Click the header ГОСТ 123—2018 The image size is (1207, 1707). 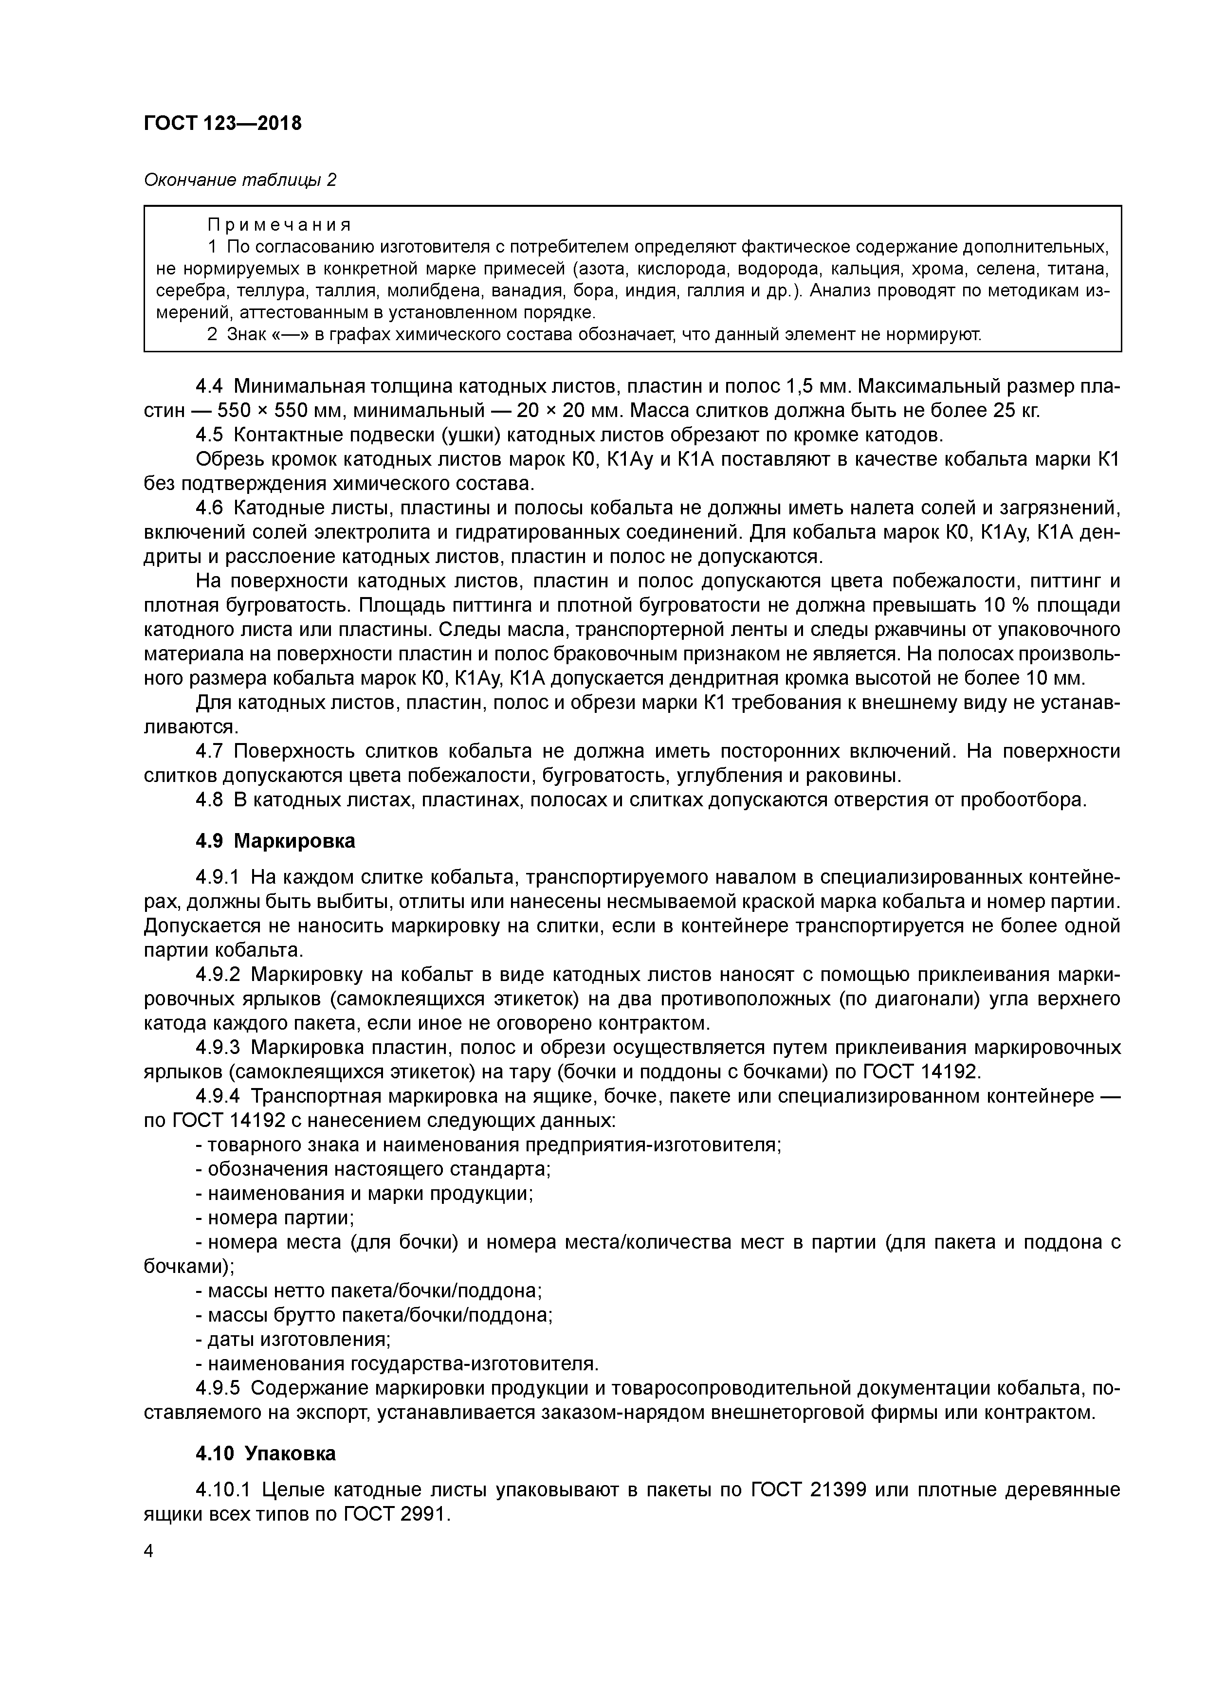tap(222, 124)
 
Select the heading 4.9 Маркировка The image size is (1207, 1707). tap(275, 841)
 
